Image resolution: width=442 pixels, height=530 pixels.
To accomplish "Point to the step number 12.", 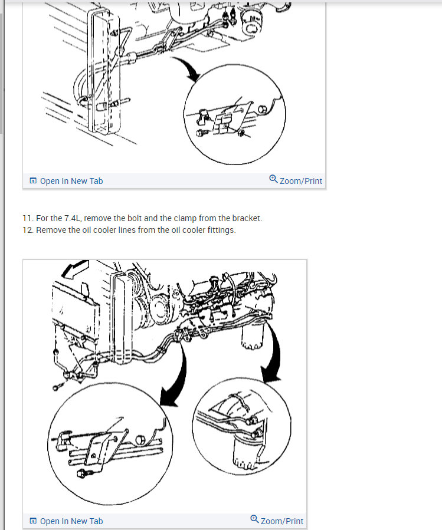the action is pos(28,230).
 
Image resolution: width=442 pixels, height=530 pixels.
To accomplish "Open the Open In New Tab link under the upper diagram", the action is pos(71,181).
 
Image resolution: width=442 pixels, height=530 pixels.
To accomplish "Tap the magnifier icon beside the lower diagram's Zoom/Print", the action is pos(254,519).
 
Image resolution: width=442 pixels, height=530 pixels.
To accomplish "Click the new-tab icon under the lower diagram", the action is pos(33,521).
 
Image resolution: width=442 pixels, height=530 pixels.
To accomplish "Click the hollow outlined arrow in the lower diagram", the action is pos(75,269).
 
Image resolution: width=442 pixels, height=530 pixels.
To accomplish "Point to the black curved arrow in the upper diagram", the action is pos(188,68).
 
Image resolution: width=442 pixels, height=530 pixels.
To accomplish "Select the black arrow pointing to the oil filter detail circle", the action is pos(274,351).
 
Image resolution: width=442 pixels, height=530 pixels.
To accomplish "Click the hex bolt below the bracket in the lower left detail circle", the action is pos(82,473).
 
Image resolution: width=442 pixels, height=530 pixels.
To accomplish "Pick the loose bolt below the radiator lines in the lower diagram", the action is pos(57,386).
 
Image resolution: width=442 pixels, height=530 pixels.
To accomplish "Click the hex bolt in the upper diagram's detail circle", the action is pos(201,133).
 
